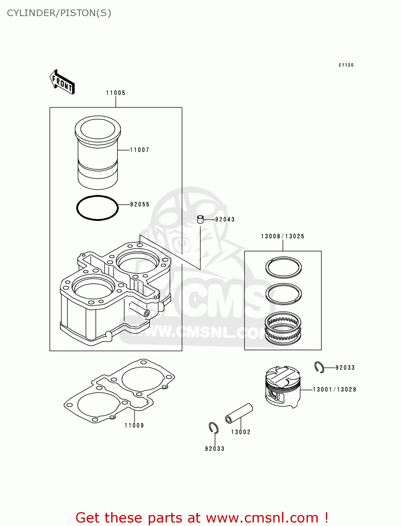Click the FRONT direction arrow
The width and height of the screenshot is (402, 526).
(62, 82)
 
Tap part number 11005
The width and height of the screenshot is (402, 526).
(116, 93)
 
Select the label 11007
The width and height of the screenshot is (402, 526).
(140, 150)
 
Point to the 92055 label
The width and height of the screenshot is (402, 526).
(140, 204)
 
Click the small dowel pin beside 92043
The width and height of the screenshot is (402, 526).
(200, 220)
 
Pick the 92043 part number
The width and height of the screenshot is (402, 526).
(225, 220)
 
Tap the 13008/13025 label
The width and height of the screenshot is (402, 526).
(283, 236)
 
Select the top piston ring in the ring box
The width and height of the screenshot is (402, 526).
(283, 267)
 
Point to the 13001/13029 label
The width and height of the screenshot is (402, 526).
(334, 390)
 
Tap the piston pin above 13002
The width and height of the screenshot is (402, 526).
(239, 414)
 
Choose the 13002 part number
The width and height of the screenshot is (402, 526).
(241, 432)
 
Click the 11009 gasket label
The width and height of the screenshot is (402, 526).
(134, 425)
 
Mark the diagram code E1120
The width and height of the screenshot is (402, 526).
(346, 65)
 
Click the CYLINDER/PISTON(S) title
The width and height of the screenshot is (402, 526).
(59, 13)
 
